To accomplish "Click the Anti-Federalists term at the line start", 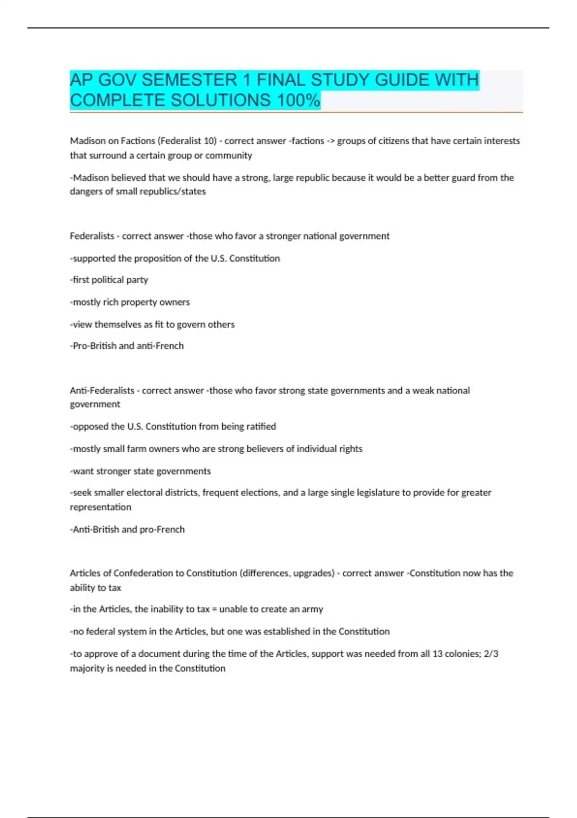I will pyautogui.click(x=102, y=391).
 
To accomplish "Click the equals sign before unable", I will pyautogui.click(x=214, y=609).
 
